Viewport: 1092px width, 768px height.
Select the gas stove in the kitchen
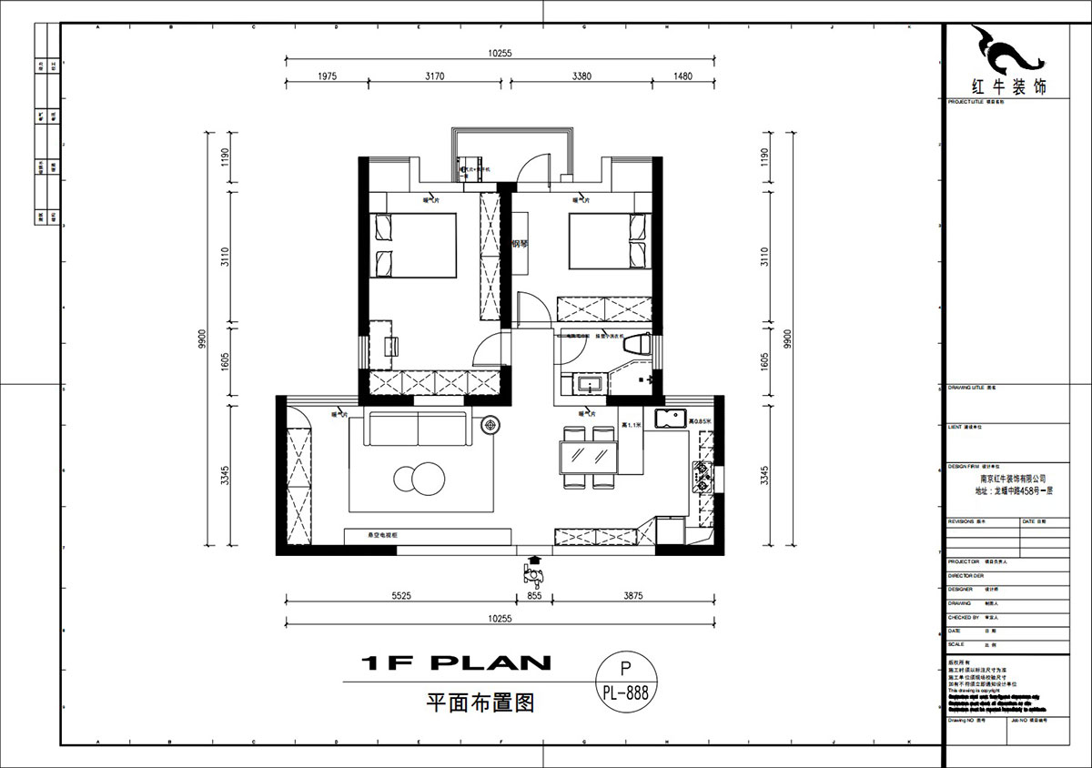click(x=703, y=477)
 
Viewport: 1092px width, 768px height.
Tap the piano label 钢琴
click(x=521, y=243)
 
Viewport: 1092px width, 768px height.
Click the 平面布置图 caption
click(x=480, y=702)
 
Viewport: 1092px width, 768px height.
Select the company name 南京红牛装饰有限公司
click(x=1013, y=477)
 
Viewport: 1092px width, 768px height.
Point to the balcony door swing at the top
click(x=537, y=168)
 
